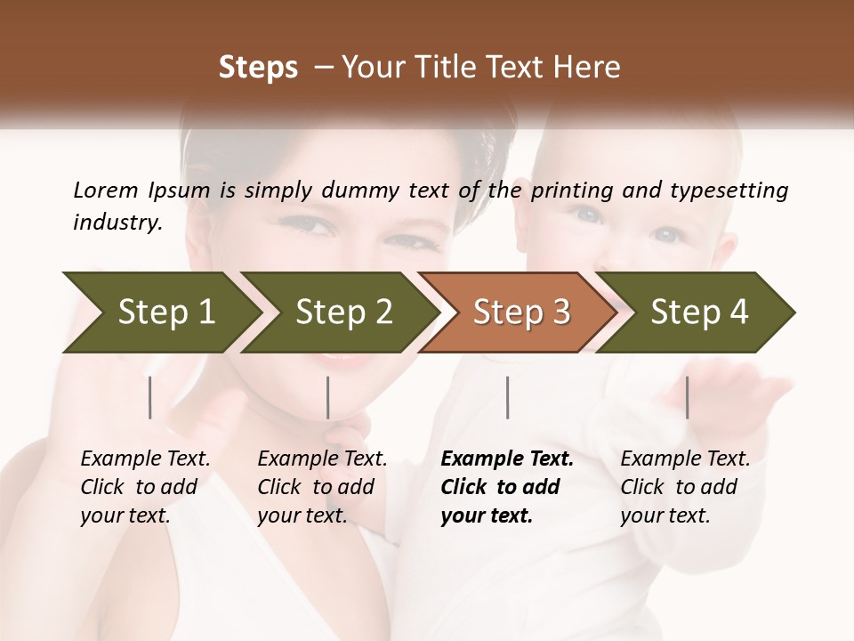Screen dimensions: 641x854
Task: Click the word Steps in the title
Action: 258,68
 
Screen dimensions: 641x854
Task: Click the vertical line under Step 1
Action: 150,397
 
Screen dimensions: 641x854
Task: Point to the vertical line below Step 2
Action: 328,397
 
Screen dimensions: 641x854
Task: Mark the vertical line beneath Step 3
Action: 508,397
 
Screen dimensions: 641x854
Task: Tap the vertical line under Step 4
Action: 688,397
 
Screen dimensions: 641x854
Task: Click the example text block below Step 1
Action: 145,487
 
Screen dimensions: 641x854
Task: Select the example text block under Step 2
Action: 322,487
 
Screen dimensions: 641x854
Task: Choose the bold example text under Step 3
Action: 507,487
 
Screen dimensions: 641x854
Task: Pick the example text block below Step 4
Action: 685,487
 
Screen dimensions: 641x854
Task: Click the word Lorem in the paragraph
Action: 106,190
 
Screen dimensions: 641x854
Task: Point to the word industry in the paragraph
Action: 117,223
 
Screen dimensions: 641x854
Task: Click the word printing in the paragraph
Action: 569,190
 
